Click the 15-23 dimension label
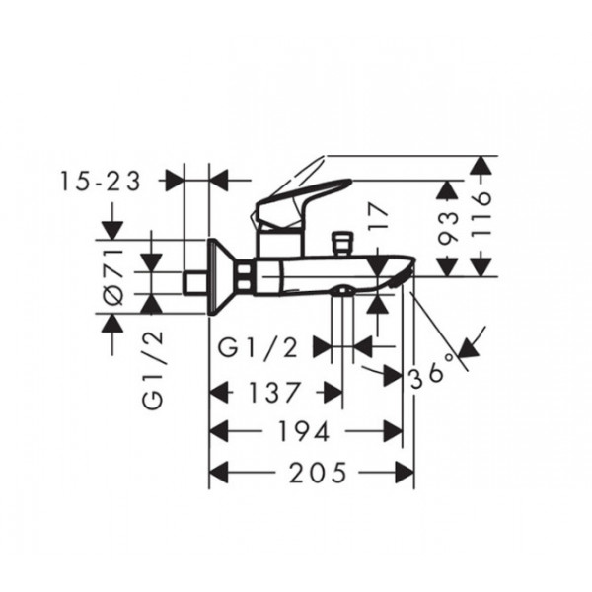(x=101, y=182)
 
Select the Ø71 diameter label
(x=113, y=276)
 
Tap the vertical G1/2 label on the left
(x=153, y=370)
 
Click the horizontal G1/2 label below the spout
(x=259, y=348)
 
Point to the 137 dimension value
(x=274, y=393)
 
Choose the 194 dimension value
(x=304, y=431)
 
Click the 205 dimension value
(x=318, y=473)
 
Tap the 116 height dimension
(x=481, y=214)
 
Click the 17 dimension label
(x=378, y=217)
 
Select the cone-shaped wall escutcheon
(x=224, y=276)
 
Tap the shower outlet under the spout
(x=342, y=289)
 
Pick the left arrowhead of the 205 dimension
(x=219, y=473)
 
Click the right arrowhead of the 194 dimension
(x=393, y=431)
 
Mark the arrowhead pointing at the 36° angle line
(x=468, y=346)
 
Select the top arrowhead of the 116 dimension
(x=481, y=166)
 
